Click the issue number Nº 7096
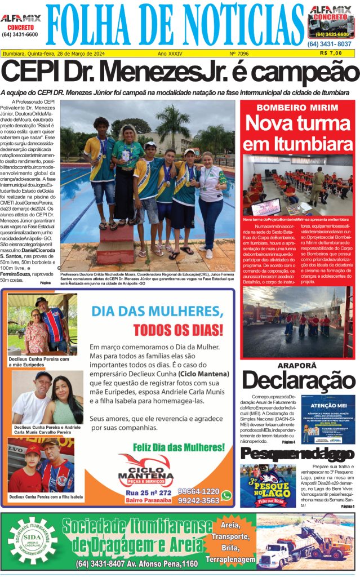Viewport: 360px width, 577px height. click(239, 54)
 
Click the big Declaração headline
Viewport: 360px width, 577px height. click(297, 380)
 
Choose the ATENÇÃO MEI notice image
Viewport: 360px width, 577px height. click(327, 419)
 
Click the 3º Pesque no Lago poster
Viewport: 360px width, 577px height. click(260, 486)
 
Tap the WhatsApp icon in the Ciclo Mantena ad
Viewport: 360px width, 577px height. click(226, 495)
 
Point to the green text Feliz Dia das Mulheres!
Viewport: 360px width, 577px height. click(179, 447)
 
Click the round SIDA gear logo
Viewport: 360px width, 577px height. click(33, 540)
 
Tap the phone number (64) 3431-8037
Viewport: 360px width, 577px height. click(330, 44)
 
